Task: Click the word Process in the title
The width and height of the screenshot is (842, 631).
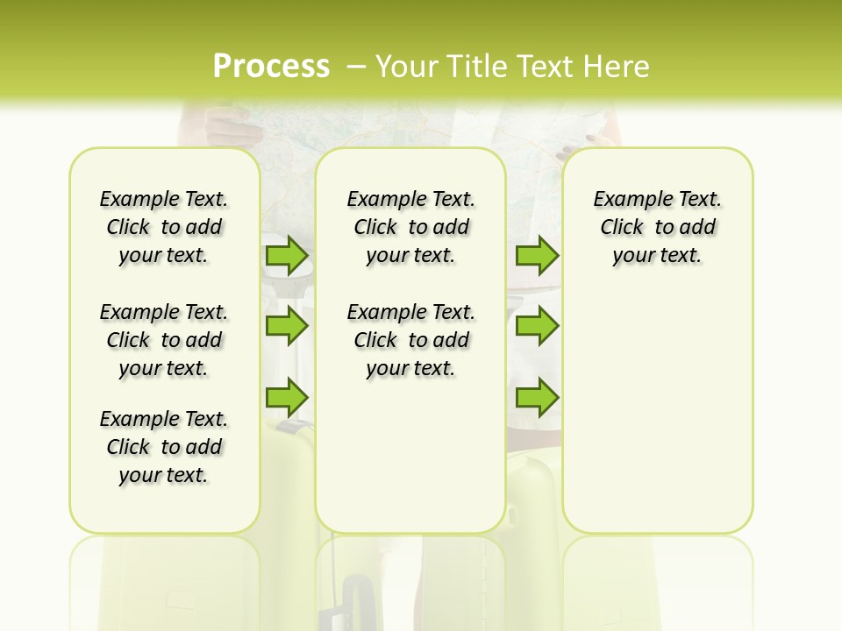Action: coord(271,67)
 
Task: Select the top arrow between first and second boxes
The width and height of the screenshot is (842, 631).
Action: coord(287,256)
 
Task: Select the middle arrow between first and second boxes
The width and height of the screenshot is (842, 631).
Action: coord(287,326)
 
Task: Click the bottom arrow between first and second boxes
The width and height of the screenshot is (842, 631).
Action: coord(287,397)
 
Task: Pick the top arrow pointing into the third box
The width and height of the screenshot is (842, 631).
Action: coord(537,256)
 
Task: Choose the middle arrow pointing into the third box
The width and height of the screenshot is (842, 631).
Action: coord(537,326)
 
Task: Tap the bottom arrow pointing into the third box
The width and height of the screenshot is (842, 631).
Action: coord(537,397)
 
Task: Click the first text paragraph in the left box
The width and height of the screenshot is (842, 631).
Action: coord(164,227)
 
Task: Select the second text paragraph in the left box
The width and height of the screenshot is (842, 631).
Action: coord(164,340)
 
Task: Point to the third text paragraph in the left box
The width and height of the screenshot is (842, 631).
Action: coord(164,447)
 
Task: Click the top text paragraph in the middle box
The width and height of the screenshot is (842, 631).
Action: coord(410,227)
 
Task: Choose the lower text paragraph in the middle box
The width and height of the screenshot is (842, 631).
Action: coord(410,340)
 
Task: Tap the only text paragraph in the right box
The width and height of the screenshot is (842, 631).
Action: coord(657,227)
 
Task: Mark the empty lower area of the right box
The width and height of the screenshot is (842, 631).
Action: coord(657,412)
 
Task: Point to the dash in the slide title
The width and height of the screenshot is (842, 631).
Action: coord(356,67)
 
